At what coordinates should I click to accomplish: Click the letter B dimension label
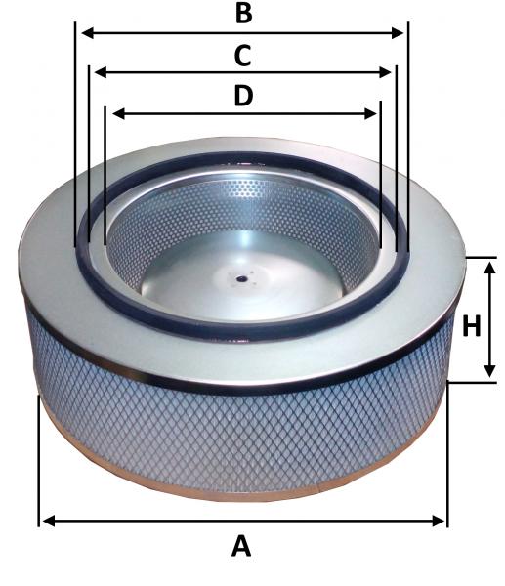coord(244,13)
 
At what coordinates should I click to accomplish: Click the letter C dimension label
coord(242,56)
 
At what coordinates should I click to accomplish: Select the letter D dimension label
coord(243,96)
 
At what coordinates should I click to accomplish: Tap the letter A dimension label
coord(241,546)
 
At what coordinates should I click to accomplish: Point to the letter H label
coord(472,325)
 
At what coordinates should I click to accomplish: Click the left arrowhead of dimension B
coord(88,33)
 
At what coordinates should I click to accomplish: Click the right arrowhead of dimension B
coord(397,33)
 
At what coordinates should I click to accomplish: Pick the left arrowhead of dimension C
coord(101,72)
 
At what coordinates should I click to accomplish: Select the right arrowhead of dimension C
coord(385,72)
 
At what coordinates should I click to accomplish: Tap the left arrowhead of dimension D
coord(118,113)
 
